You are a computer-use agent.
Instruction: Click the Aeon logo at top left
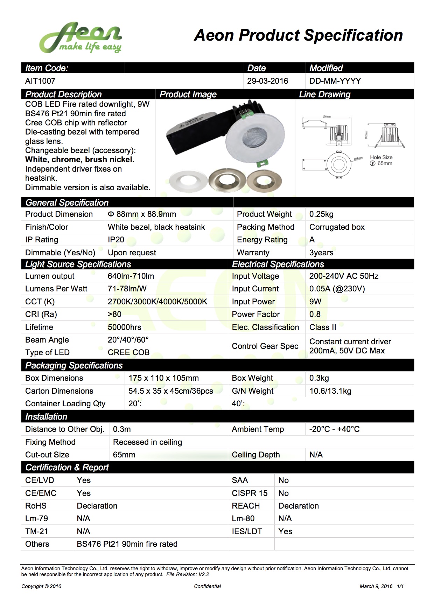tap(80, 38)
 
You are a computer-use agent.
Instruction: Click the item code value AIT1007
tap(40, 81)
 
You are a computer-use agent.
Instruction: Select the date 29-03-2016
tap(267, 81)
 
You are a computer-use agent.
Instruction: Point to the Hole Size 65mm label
tap(381, 160)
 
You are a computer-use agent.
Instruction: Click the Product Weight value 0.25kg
tap(321, 214)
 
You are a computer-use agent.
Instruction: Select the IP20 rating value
tap(116, 240)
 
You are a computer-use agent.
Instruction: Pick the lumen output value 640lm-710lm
tap(131, 276)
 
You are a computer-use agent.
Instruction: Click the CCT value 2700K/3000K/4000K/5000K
tap(157, 302)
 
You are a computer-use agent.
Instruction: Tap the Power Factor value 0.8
tap(315, 314)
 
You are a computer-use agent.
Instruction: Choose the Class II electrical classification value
tap(323, 327)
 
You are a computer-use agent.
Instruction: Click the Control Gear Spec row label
tap(265, 346)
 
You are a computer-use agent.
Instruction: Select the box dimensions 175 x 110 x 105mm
tap(163, 378)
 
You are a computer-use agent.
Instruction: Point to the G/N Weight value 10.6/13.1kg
tap(330, 391)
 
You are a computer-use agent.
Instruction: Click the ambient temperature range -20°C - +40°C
tap(334, 429)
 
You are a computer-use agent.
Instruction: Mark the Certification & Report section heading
tap(67, 467)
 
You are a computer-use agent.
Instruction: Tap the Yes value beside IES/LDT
tap(285, 531)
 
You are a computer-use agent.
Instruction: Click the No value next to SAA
tap(283, 480)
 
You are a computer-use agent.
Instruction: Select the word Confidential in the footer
tap(208, 586)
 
